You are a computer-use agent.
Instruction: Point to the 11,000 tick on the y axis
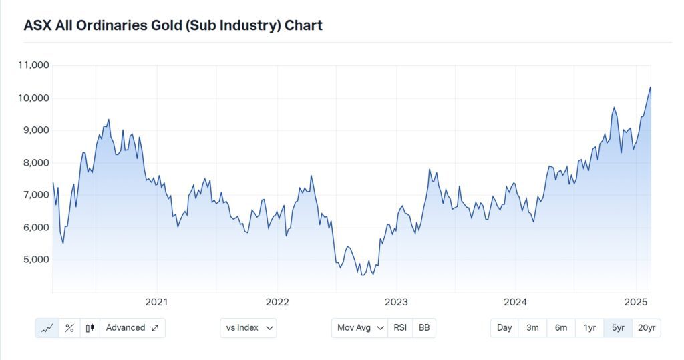point(33,65)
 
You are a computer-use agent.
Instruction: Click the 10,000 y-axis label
point(33,98)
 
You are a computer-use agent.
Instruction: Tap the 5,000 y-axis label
point(36,260)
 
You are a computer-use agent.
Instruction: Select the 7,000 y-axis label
point(36,195)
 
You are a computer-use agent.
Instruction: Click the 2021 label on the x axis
point(156,302)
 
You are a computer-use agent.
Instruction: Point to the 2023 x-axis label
point(396,302)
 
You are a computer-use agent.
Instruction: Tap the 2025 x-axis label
point(635,302)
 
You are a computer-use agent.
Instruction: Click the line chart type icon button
point(47,328)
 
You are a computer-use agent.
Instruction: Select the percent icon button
point(69,328)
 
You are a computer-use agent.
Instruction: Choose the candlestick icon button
point(90,328)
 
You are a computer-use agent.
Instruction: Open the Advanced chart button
point(132,328)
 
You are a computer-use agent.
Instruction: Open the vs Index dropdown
point(248,328)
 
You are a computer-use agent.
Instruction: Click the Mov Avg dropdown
point(359,328)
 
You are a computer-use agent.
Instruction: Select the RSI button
point(400,328)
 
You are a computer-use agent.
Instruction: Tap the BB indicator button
point(424,328)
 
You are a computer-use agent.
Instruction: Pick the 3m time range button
point(532,328)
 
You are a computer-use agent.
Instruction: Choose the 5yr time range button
point(618,328)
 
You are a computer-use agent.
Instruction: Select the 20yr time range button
point(646,328)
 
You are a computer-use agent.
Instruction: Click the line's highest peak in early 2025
point(651,87)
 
